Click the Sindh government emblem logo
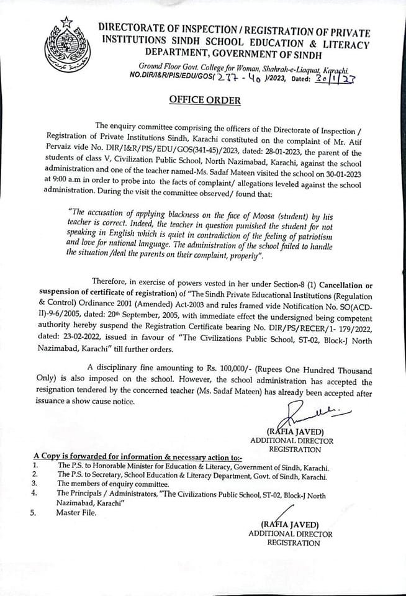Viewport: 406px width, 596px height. click(66, 43)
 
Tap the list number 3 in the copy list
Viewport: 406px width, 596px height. click(36, 482)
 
